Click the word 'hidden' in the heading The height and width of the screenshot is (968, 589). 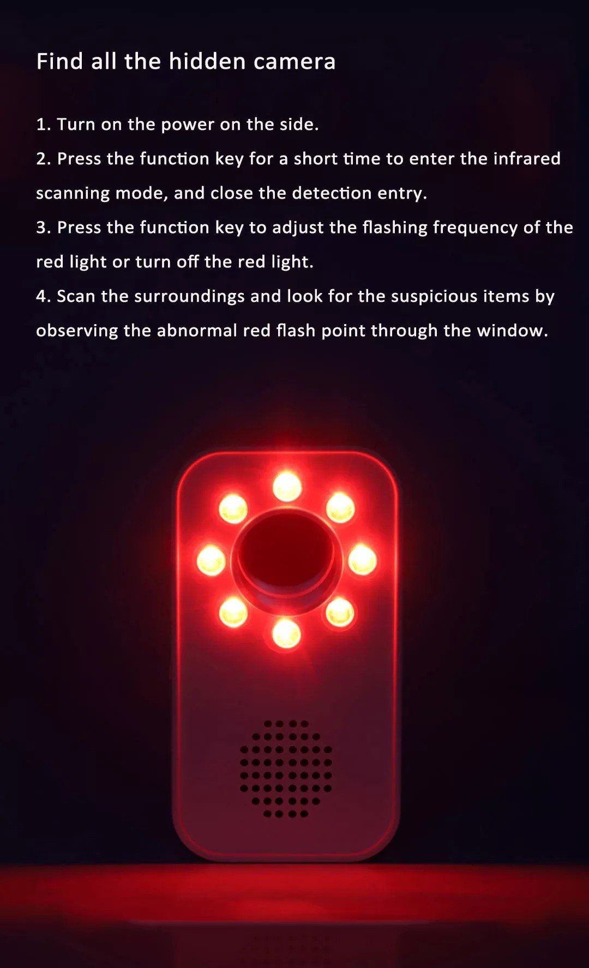coord(207,61)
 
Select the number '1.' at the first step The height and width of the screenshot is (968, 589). coord(44,124)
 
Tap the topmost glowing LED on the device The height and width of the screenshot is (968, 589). coord(287,486)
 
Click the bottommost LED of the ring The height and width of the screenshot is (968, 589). coord(286,634)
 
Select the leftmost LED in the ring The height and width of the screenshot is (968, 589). coord(211,560)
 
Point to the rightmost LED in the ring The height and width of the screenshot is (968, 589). coord(362,560)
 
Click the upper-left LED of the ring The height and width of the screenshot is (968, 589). coord(233,509)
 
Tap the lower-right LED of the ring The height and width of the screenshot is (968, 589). coord(340,612)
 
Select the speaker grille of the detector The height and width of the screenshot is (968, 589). coord(286,769)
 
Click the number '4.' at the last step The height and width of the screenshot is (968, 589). coord(44,297)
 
